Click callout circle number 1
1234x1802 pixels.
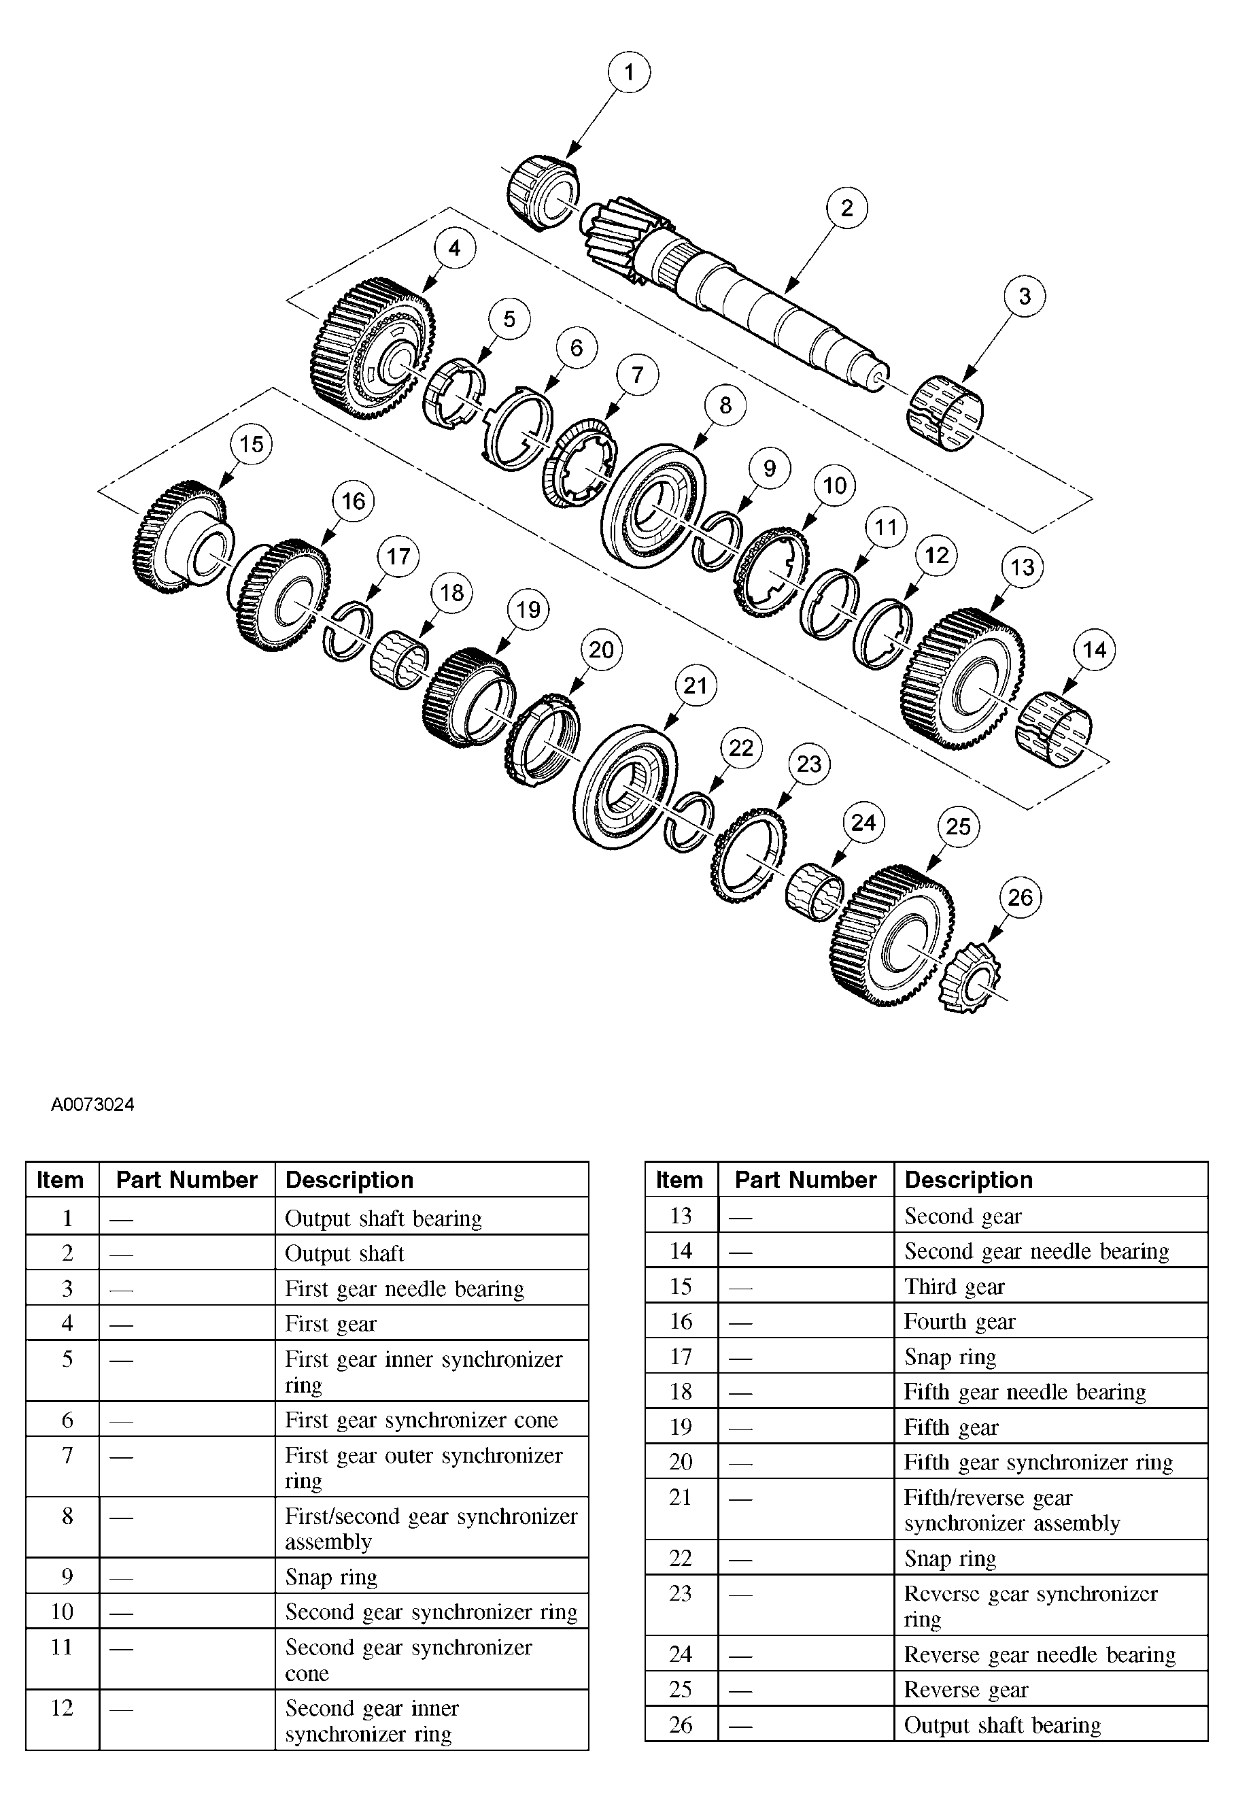pos(629,72)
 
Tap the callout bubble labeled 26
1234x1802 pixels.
pos(1020,898)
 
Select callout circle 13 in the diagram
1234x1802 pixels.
pos(1022,567)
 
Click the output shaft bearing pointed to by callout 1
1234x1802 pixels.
pos(543,193)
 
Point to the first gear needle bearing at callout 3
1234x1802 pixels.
pos(944,413)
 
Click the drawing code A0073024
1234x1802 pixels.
pos(92,1104)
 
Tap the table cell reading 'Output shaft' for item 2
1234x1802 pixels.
pos(345,1253)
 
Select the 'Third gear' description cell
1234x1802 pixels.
pos(954,1287)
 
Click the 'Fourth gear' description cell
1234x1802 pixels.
pos(959,1321)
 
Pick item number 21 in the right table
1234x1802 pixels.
pos(680,1497)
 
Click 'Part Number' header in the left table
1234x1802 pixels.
pos(187,1179)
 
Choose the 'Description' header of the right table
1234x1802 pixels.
pos(968,1179)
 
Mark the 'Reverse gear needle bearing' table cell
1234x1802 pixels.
pos(1039,1654)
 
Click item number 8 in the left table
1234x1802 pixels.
pos(67,1516)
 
